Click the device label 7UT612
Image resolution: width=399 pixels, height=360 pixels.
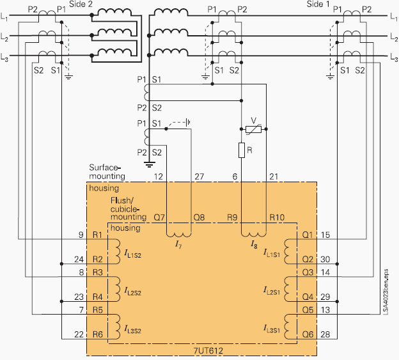point(210,351)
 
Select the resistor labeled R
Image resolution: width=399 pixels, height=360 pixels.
point(241,150)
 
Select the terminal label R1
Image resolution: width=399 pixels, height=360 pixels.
point(98,234)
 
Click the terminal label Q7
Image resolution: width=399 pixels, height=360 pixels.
point(160,217)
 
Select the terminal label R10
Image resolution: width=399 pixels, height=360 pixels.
point(277,217)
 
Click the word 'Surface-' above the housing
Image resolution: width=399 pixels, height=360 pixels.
point(107,167)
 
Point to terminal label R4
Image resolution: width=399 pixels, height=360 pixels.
point(98,297)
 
